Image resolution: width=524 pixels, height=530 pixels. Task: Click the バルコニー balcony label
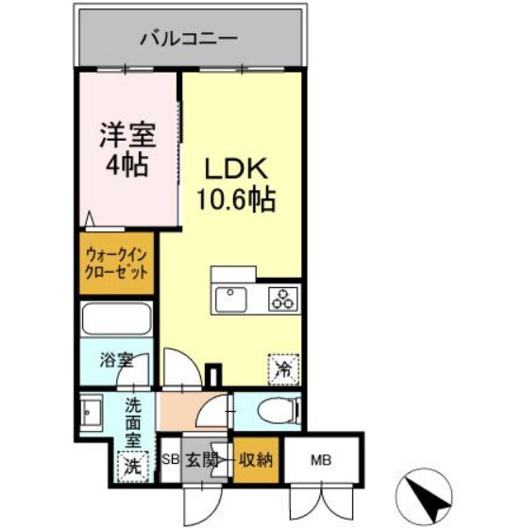[188, 39]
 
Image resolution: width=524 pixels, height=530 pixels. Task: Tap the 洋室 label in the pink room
[126, 134]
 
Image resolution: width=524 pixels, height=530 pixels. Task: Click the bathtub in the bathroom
[117, 319]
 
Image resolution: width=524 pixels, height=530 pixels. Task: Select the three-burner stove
[281, 299]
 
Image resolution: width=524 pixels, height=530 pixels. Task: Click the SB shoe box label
[170, 461]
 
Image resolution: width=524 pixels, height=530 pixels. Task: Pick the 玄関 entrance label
[201, 461]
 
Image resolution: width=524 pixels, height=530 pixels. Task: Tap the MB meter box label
[321, 461]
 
